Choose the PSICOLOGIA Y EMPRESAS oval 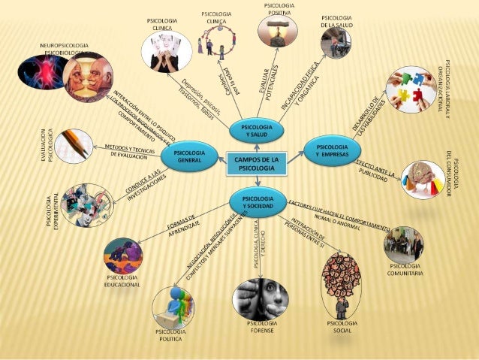pos(331,149)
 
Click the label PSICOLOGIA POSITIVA pos(279,10)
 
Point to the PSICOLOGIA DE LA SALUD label pos(336,21)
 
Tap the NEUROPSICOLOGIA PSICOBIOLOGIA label pos(65,50)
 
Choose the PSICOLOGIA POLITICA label pos(171,334)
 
